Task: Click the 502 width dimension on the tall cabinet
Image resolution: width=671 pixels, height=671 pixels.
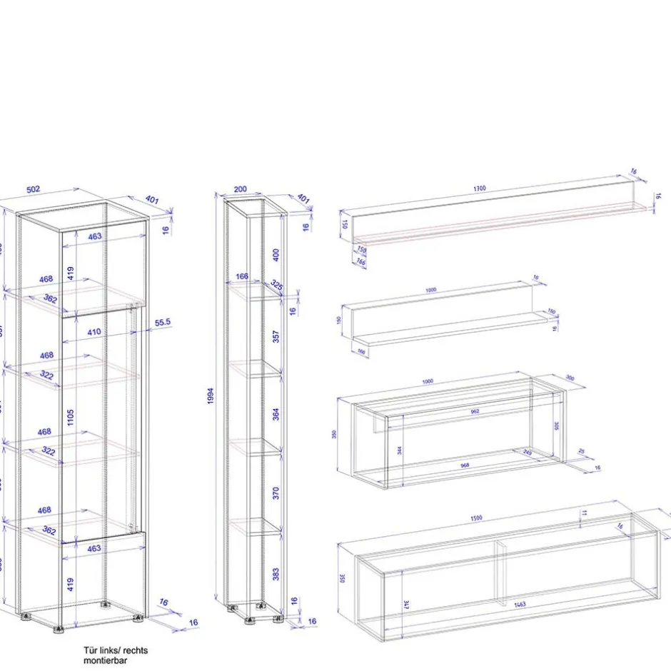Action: pos(34,189)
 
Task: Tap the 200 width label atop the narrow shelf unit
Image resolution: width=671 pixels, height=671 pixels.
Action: pos(241,189)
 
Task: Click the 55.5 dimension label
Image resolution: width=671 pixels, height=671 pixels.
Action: pos(162,323)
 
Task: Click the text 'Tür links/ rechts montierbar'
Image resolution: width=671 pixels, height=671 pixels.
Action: pos(116,655)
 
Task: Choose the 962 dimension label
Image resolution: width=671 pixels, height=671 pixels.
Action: pos(475,411)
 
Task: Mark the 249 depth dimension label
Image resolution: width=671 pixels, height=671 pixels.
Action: pos(528,453)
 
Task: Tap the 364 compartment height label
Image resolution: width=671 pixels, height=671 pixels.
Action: pos(276,414)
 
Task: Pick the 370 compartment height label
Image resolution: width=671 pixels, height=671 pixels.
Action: pos(276,493)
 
